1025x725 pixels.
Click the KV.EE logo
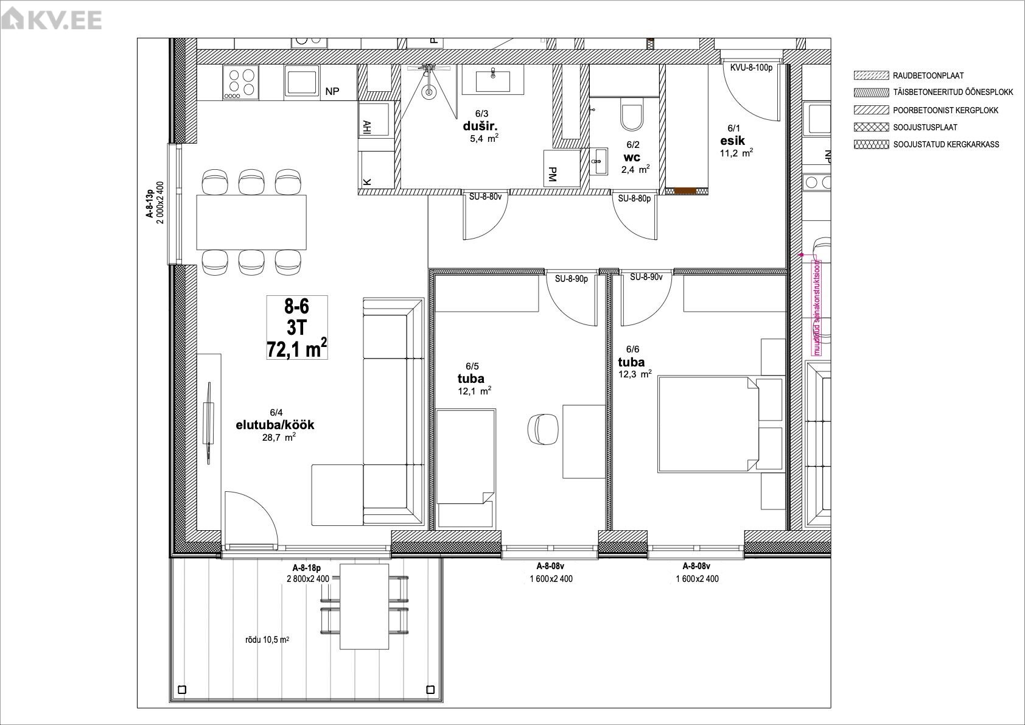coord(51,20)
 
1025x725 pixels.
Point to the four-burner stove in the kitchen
coord(240,82)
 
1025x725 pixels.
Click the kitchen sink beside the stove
coord(301,82)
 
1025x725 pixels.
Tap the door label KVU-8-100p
coord(751,68)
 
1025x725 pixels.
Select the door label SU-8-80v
coord(485,197)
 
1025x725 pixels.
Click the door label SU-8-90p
coord(571,278)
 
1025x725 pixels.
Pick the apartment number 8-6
coord(297,306)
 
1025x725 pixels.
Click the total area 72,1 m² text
coord(297,349)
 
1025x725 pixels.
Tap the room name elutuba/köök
coord(275,425)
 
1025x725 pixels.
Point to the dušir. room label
coord(480,126)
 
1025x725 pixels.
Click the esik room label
coord(732,141)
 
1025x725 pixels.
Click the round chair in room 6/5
coord(543,429)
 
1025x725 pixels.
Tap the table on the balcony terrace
coord(364,606)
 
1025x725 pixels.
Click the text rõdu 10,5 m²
coord(267,639)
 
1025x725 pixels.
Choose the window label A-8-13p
coord(149,203)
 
